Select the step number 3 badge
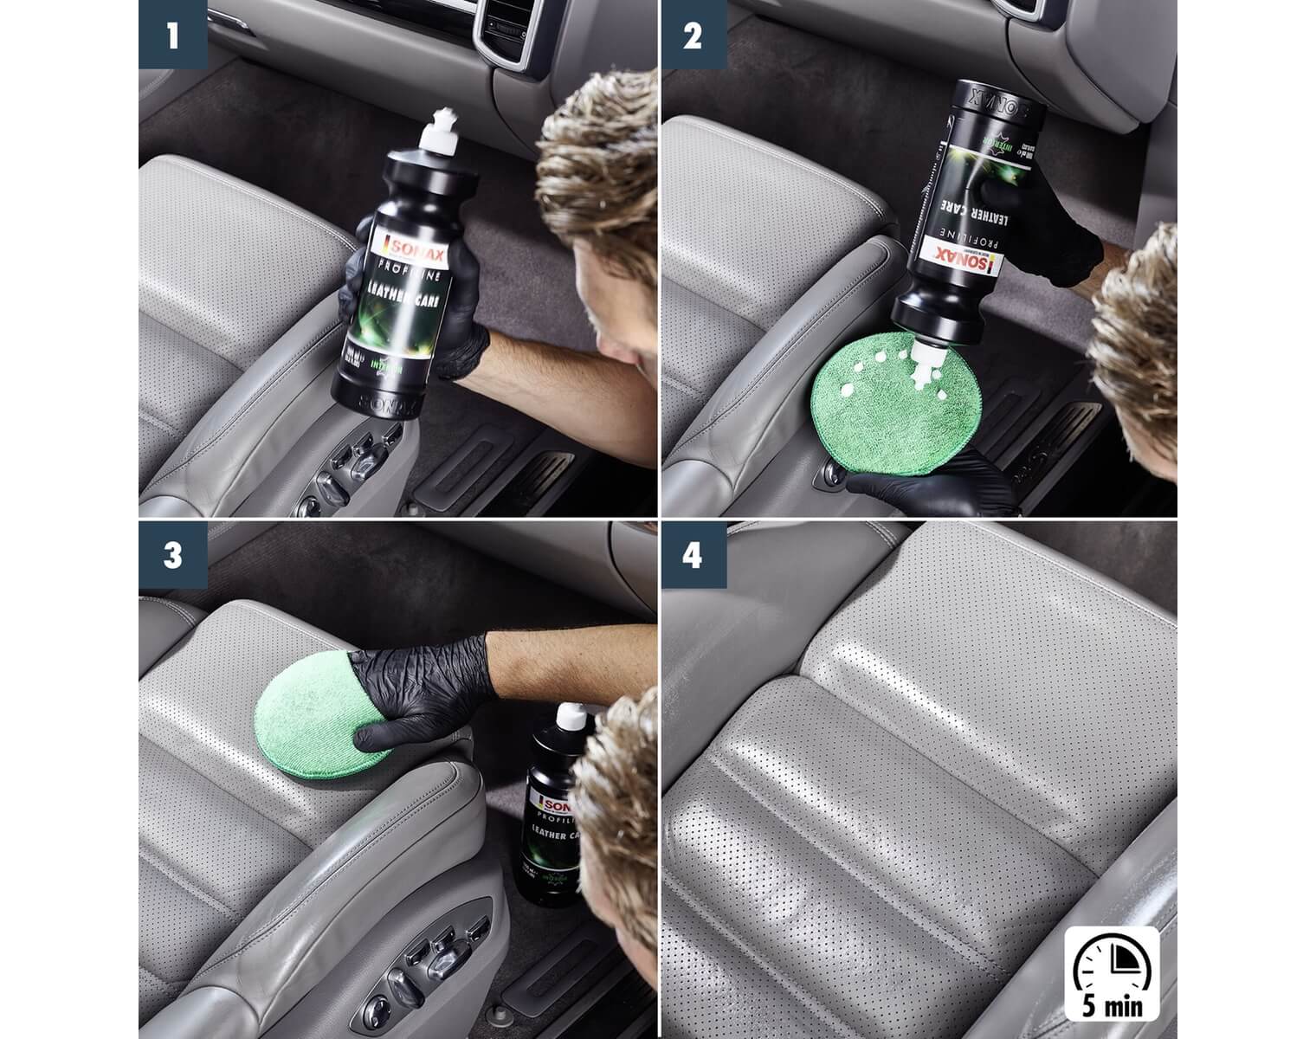click(x=173, y=555)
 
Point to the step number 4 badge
click(x=693, y=555)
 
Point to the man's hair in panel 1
click(x=597, y=173)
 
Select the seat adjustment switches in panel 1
click(x=355, y=463)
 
